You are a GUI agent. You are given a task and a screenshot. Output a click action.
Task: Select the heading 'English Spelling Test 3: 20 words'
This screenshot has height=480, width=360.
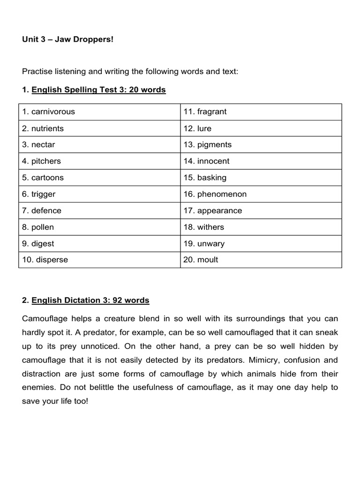click(x=98, y=90)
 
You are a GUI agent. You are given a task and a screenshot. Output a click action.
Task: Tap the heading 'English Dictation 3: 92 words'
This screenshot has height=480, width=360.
click(x=90, y=300)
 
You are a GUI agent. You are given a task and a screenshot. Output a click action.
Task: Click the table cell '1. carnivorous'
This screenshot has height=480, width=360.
click(x=49, y=112)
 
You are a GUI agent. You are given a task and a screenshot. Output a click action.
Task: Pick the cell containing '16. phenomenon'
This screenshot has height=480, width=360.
click(x=215, y=194)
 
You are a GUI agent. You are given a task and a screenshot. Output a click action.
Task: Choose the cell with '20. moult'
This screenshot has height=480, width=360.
click(x=201, y=260)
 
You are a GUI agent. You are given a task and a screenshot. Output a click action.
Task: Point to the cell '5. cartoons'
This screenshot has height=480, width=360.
click(x=43, y=178)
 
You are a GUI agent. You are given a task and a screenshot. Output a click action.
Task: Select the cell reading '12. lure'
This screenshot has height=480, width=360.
click(x=198, y=128)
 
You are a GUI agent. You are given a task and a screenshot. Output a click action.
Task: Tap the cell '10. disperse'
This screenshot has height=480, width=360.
click(x=45, y=260)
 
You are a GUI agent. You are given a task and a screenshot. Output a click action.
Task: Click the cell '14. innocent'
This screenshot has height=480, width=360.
click(x=207, y=161)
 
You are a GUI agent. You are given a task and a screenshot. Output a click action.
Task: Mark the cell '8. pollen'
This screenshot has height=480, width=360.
click(x=38, y=227)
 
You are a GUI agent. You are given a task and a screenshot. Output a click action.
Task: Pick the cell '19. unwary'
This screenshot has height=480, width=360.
click(x=204, y=244)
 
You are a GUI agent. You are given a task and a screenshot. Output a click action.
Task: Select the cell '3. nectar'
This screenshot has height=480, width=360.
click(x=39, y=145)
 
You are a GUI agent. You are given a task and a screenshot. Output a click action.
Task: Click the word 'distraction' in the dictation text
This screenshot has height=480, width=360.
click(x=41, y=375)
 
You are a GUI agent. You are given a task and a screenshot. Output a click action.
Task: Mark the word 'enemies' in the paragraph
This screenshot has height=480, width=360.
click(x=37, y=389)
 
